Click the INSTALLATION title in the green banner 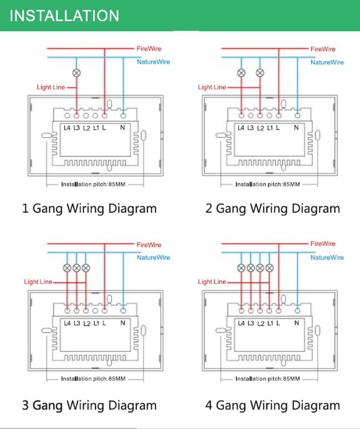tap(64, 15)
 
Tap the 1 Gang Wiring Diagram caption tap(90, 209)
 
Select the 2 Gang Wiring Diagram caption tap(273, 209)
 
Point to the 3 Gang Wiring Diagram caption tap(90, 405)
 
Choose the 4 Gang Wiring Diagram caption tap(273, 405)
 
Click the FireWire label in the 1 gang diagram tap(148, 48)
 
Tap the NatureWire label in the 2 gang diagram tap(327, 62)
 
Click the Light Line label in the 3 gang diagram tap(38, 282)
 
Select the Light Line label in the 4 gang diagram tap(212, 282)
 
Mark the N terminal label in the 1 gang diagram tap(122, 128)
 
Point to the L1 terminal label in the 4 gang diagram tap(270, 323)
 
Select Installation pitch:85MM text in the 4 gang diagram tap(267, 379)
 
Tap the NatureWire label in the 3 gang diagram tap(153, 258)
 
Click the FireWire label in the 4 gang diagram tap(323, 243)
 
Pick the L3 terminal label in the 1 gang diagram tap(77, 128)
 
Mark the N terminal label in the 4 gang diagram tap(296, 323)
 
